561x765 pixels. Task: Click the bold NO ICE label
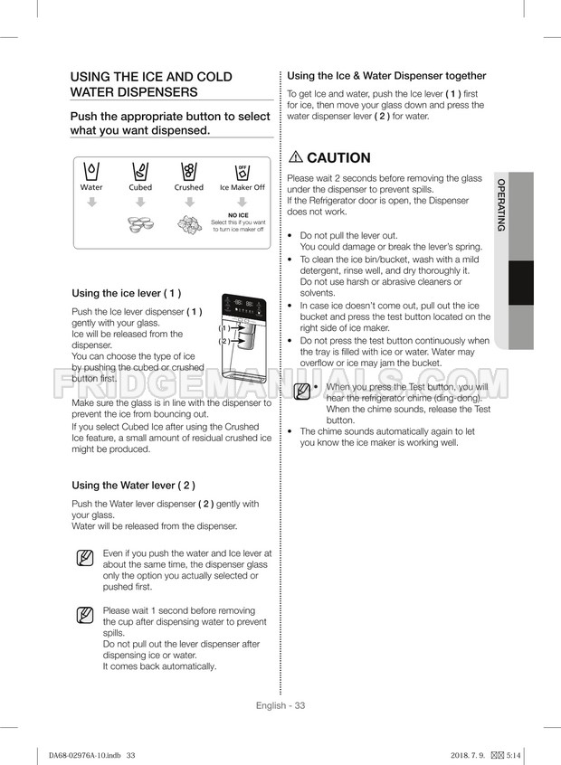coord(238,215)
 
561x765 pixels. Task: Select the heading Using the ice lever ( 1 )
coord(126,293)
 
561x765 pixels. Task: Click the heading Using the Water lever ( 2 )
coord(133,485)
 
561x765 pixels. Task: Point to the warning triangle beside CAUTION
coord(295,157)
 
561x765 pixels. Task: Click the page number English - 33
coord(280,705)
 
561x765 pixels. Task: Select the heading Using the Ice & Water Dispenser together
coord(386,76)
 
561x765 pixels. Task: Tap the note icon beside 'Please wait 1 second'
coord(83,617)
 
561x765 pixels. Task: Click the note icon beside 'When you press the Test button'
coord(302,392)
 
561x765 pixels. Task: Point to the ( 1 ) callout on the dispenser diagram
coord(223,328)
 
